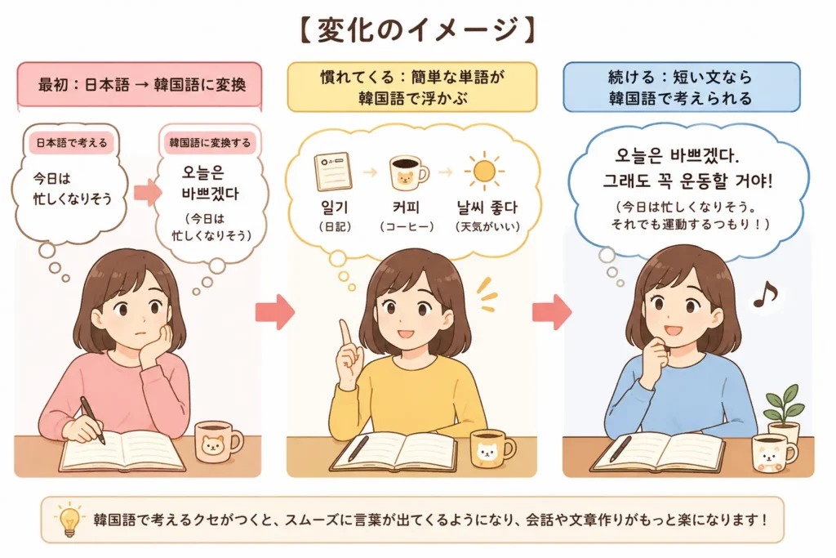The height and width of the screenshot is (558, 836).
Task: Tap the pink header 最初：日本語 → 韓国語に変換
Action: (x=140, y=85)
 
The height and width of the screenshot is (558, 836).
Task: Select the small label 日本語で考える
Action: (x=72, y=143)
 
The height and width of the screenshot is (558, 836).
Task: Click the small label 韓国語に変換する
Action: (x=210, y=142)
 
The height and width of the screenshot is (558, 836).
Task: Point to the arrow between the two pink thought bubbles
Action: (x=147, y=192)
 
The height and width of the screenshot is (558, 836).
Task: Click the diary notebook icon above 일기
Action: (x=333, y=172)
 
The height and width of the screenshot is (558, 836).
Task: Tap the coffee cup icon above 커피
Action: (x=408, y=172)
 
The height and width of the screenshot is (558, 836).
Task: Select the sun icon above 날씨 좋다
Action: (x=484, y=171)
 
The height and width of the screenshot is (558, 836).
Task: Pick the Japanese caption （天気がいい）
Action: (x=487, y=227)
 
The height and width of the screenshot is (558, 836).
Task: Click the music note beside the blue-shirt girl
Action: (x=765, y=294)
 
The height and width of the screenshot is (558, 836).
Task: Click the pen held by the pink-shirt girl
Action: (x=92, y=420)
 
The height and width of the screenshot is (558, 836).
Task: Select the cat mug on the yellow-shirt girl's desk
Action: (x=491, y=449)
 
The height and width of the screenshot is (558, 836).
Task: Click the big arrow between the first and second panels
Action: (x=274, y=311)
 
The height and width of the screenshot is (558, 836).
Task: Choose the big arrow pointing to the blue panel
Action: (x=552, y=311)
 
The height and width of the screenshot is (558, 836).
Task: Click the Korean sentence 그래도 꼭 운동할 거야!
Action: (x=687, y=181)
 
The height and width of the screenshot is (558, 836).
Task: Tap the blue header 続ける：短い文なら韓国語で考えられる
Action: (x=682, y=87)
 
